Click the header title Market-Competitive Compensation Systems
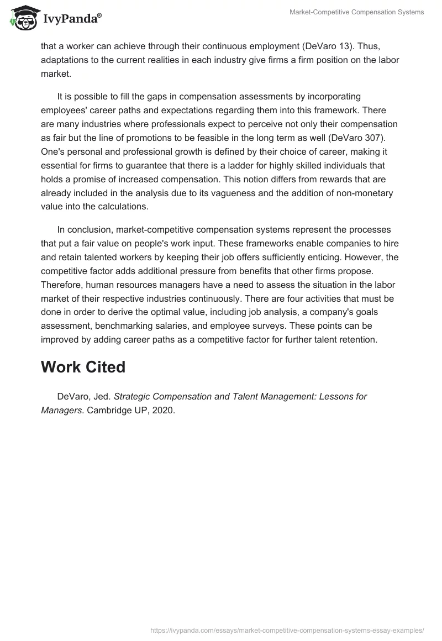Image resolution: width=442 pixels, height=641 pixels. [357, 12]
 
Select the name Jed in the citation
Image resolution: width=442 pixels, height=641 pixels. [101, 396]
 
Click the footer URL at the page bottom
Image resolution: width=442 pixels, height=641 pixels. [287, 629]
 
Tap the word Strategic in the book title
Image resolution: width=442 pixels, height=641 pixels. [133, 396]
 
